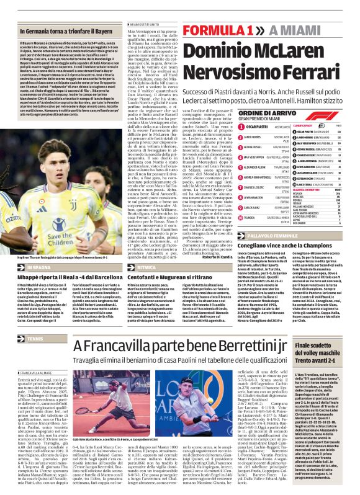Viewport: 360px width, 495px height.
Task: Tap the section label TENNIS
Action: pos(37,339)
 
